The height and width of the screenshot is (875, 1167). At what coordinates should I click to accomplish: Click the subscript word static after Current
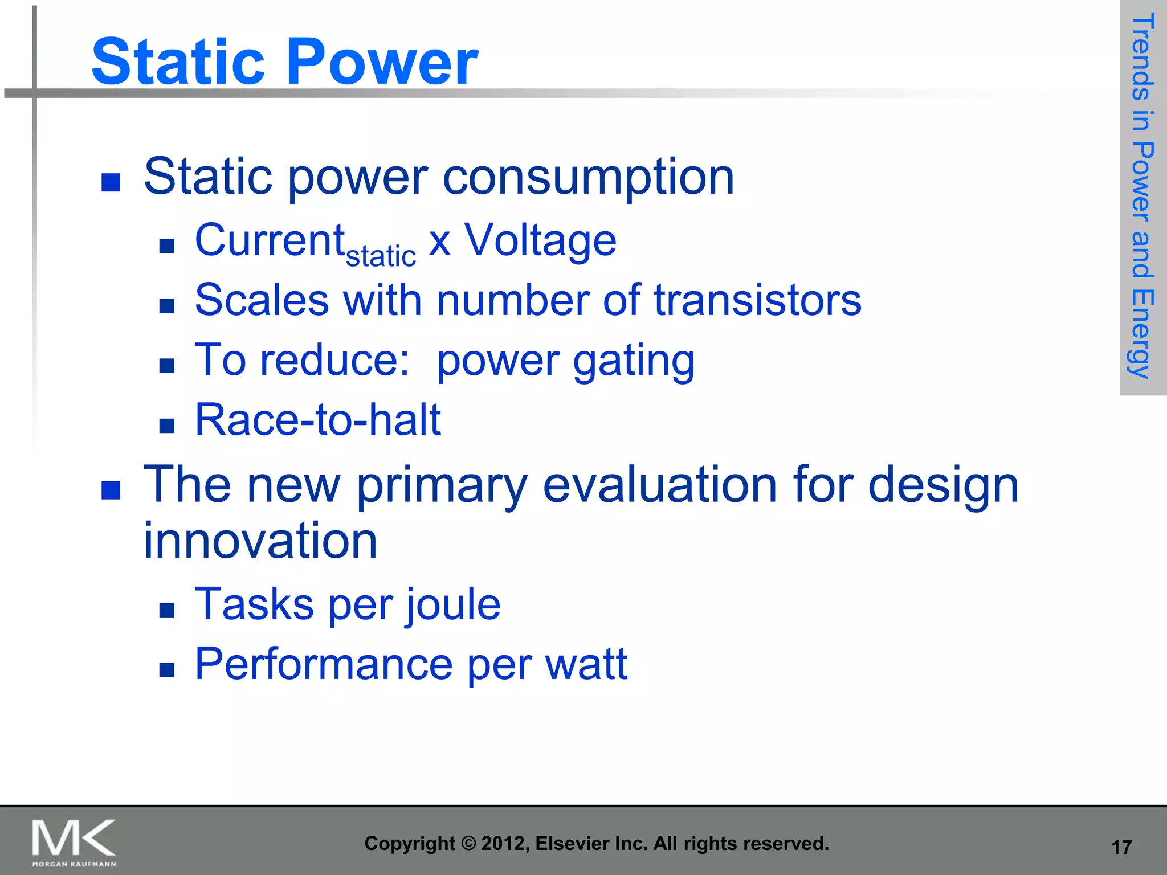(x=381, y=256)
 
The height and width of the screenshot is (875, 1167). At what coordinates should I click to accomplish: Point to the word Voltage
(x=540, y=240)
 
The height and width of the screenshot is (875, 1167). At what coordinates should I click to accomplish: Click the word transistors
(x=757, y=300)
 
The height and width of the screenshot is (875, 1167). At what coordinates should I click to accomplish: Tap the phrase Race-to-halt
(x=318, y=420)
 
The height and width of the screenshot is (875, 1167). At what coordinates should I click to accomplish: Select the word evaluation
(x=660, y=485)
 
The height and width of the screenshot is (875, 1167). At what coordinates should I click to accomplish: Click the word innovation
(x=260, y=541)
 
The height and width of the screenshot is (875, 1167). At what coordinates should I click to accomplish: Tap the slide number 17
(x=1121, y=847)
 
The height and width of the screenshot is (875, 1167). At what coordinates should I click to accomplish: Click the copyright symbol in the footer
(x=468, y=844)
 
